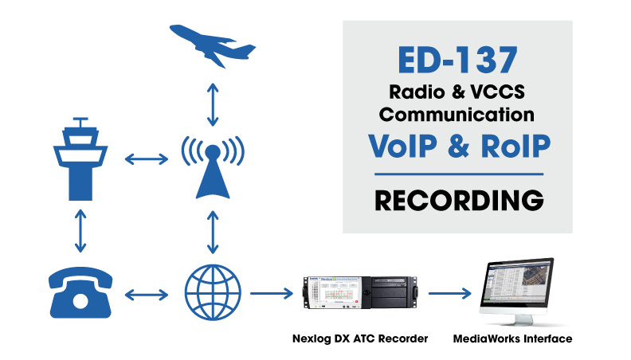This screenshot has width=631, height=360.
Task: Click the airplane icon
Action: tap(213, 45)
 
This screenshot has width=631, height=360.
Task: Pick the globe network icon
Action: tap(213, 293)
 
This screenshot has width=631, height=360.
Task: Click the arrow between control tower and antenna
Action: tap(147, 160)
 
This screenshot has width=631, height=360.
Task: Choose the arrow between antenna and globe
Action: tap(213, 231)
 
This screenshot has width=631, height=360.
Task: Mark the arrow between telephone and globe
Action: tap(147, 295)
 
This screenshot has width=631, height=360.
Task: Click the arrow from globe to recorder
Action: tap(271, 295)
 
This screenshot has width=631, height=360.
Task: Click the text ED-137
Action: tap(458, 61)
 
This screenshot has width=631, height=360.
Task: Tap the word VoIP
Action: tap(400, 146)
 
